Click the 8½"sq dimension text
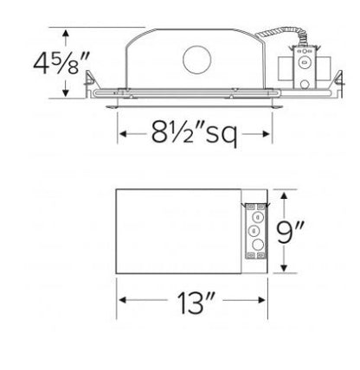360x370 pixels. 195,134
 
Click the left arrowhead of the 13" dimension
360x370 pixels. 121,302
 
